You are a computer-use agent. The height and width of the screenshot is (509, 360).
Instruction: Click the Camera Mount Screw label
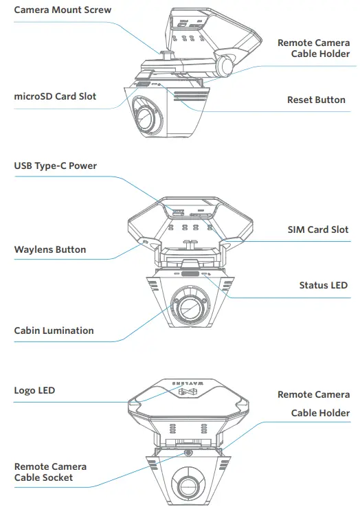point(63,10)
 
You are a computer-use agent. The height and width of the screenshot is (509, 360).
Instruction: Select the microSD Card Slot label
point(55,97)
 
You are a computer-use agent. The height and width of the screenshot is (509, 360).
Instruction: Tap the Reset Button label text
point(316,100)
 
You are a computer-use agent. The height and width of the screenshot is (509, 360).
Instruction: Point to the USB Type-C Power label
point(56,166)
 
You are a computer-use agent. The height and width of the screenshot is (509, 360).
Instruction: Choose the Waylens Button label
point(50,249)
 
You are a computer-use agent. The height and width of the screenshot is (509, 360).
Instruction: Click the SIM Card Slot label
point(317,230)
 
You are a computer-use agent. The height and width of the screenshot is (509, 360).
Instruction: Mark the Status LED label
point(323,285)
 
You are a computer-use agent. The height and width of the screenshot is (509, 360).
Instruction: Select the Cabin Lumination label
point(54,330)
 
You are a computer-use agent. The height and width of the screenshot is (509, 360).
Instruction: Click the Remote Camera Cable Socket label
point(50,472)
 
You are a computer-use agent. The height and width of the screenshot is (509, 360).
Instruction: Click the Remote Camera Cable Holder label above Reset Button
point(313,48)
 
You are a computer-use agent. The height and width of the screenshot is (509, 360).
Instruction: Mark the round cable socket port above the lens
point(187,453)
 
